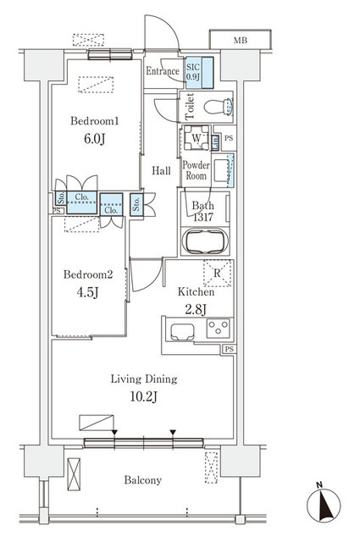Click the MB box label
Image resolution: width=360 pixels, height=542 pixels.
coord(241,40)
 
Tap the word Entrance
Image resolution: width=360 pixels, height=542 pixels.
coord(163,72)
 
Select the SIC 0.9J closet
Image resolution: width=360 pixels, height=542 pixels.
coord(193,73)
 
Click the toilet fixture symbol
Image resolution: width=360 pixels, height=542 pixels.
coord(219,108)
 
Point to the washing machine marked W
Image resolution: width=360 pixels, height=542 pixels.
coord(196,139)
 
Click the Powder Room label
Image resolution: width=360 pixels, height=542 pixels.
coord(196,170)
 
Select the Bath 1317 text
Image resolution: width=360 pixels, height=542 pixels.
coord(203,212)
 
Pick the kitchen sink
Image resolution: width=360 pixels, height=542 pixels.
coord(181,331)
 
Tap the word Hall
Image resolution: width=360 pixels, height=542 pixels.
coord(161,171)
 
